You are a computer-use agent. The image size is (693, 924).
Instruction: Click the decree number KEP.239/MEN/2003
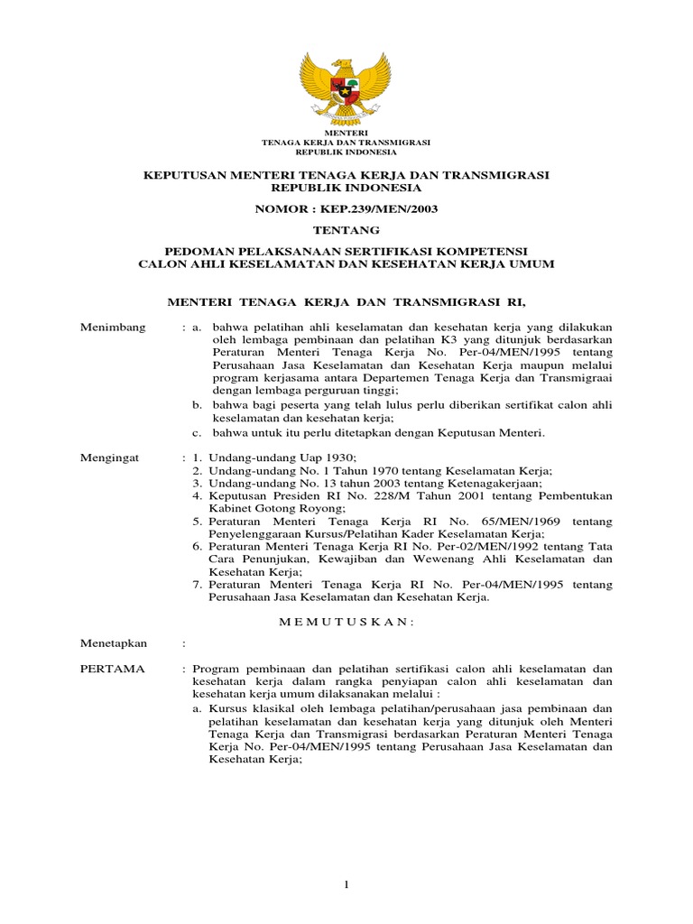[372, 208]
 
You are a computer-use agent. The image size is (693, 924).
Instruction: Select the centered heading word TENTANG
[346, 230]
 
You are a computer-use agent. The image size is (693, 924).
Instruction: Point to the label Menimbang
[113, 328]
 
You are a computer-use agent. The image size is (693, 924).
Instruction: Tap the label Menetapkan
[112, 643]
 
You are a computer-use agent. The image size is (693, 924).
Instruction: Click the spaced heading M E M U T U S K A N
[346, 622]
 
